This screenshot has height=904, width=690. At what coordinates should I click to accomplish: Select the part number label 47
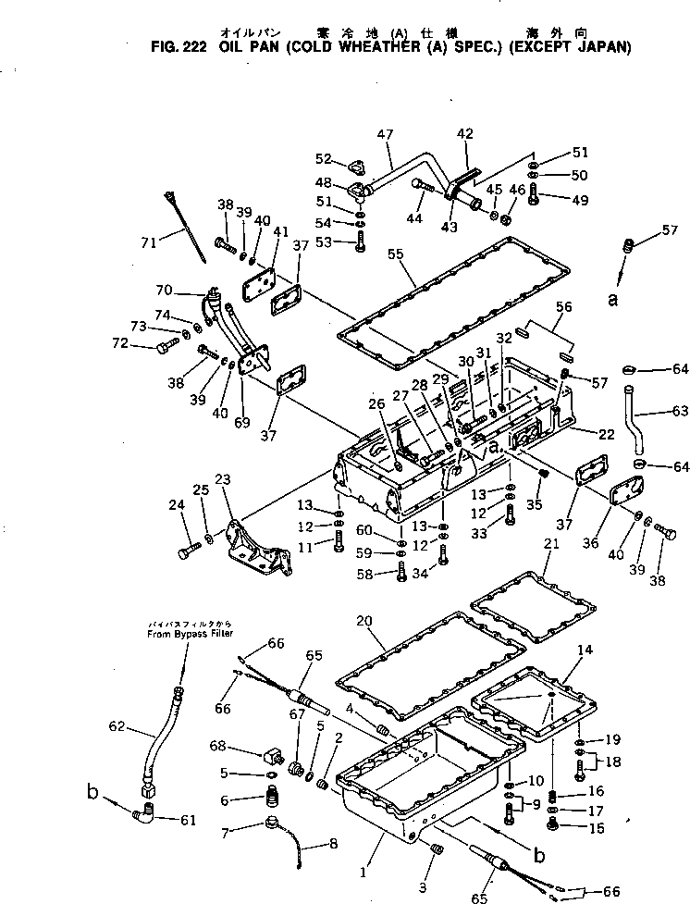tap(385, 135)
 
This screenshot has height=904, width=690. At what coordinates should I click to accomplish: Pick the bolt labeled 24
tap(185, 553)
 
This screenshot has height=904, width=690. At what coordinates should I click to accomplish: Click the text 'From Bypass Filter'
tap(191, 634)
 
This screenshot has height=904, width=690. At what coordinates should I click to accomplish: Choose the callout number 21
tap(551, 544)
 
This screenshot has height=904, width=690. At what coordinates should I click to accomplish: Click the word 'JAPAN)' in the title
tap(601, 47)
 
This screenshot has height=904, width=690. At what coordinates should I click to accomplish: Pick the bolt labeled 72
tap(163, 347)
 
